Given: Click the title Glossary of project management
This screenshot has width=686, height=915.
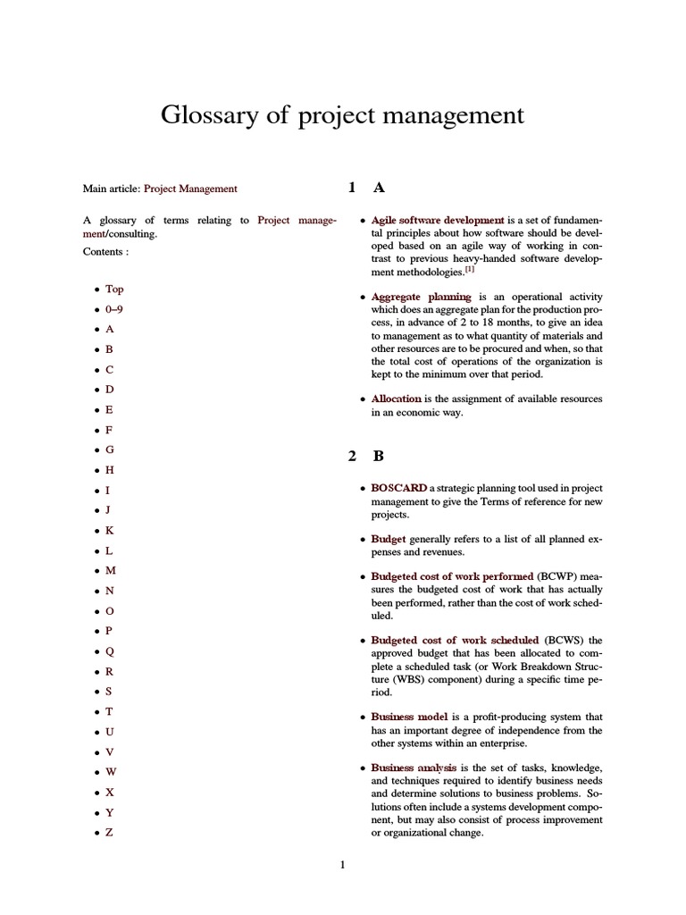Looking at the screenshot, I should click(342, 115).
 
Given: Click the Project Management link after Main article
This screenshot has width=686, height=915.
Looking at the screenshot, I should click(190, 189).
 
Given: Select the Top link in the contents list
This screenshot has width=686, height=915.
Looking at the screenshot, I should click(114, 289).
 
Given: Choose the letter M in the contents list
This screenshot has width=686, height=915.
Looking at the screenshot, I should click(111, 570).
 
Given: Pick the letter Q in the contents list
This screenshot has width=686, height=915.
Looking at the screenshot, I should click(110, 651).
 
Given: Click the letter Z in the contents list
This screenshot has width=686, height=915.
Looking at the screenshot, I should click(109, 832).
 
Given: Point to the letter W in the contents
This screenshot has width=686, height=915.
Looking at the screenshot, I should click(111, 771).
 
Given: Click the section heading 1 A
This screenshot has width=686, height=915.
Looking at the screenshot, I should click(366, 188).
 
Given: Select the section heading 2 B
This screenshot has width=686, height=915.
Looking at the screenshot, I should click(366, 456).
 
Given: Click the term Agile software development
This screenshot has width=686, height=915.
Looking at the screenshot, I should click(437, 220).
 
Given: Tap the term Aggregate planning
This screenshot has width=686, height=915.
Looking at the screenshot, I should click(421, 297).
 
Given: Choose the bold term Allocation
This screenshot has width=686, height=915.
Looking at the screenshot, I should click(396, 399).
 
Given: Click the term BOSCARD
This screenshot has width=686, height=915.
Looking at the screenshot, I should click(398, 489).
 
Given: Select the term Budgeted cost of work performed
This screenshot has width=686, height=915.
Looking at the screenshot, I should click(452, 576).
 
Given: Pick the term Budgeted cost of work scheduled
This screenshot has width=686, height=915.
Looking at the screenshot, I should click(455, 640).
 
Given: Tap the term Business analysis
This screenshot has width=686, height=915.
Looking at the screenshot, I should click(414, 768).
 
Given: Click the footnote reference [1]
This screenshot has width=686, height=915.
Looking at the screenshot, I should click(469, 269).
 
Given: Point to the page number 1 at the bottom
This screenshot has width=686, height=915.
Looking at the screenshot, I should click(342, 864).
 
